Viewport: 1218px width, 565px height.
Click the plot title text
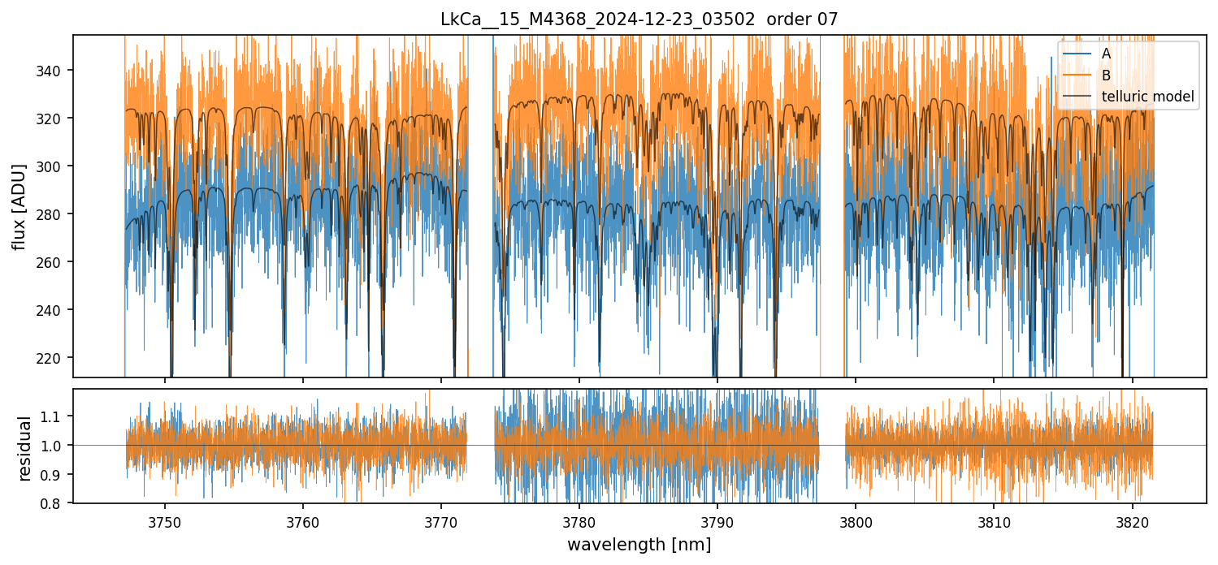tap(639, 20)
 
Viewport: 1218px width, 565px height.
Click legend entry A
tap(1106, 54)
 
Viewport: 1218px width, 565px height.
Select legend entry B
tap(1106, 75)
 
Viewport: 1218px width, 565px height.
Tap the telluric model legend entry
tap(1147, 97)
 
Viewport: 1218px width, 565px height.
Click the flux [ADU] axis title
tap(19, 206)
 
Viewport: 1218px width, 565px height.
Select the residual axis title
tap(25, 448)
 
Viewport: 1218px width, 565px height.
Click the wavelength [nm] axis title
tap(639, 545)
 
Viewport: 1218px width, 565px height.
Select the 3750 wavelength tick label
tap(165, 522)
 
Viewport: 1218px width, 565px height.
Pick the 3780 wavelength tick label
tap(579, 522)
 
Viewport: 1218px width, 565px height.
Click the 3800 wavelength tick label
tap(856, 522)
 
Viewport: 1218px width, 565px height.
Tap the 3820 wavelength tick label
tap(1132, 522)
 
